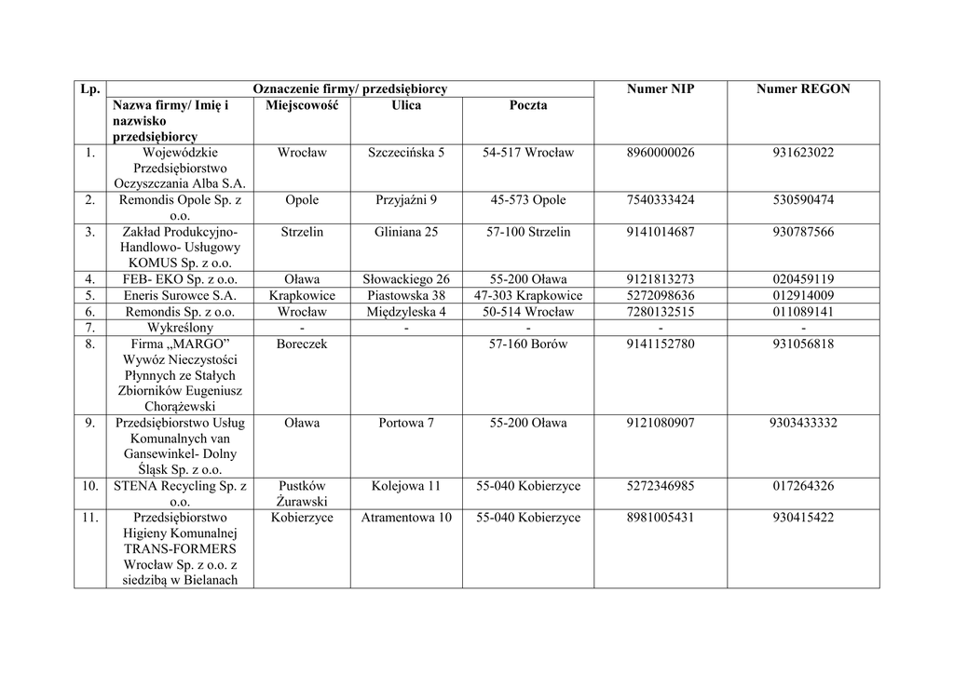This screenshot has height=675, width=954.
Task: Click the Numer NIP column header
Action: pos(661,89)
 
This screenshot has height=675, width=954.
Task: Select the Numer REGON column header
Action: pos(803,89)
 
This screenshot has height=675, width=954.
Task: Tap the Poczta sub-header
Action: pos(528,105)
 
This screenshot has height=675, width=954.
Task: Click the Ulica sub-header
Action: pos(406,105)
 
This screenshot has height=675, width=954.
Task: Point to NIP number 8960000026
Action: pos(661,153)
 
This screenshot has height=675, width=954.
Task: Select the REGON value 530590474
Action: pos(803,200)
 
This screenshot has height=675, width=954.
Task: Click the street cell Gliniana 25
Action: pos(406,232)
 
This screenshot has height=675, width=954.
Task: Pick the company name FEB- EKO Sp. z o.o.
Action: pos(180,279)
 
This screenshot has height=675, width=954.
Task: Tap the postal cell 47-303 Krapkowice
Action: pos(528,296)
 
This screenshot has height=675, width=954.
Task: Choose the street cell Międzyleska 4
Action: pos(406,312)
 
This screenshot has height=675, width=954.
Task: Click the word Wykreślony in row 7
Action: pos(180,328)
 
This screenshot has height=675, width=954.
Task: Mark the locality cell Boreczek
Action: pos(302,344)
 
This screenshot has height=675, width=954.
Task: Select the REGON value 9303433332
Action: pos(803,423)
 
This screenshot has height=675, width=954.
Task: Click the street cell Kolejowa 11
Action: pos(406,486)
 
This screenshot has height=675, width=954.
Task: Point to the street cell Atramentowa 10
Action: pos(406,518)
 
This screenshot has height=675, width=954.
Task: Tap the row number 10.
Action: pos(90,486)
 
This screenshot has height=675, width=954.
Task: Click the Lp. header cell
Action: pos(90,89)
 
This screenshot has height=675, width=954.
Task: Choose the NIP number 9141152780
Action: pos(661,344)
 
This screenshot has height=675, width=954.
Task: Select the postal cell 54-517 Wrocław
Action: pos(528,153)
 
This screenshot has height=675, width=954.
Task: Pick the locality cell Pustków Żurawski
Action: pos(302,494)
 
